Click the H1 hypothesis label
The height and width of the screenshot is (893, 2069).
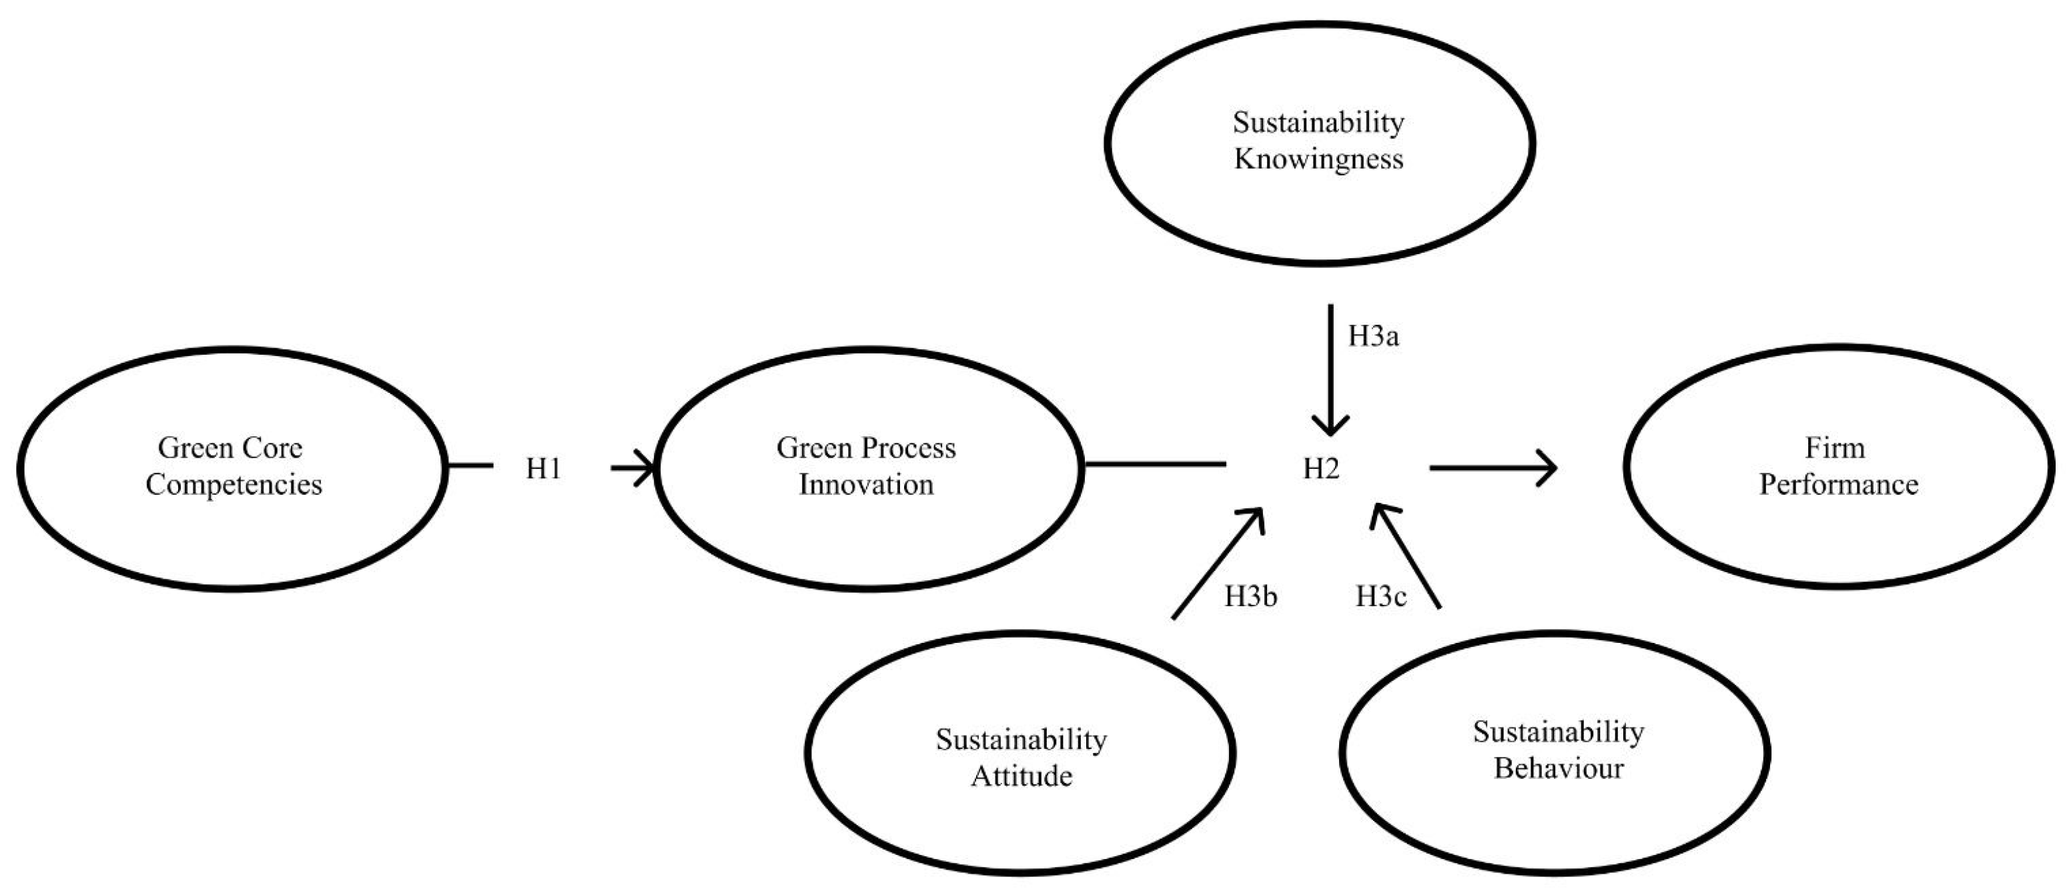click(x=543, y=469)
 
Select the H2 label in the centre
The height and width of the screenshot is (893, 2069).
click(x=1321, y=469)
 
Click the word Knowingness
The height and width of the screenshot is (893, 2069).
click(x=1319, y=159)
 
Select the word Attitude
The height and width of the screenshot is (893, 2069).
click(x=1021, y=776)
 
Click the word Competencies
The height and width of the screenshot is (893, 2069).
click(x=234, y=485)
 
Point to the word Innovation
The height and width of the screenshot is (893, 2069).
click(x=867, y=485)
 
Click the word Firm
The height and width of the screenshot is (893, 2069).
click(x=1835, y=448)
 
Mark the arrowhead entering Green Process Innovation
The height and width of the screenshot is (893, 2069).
click(x=647, y=468)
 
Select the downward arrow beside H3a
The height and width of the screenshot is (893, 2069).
click(x=1331, y=369)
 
